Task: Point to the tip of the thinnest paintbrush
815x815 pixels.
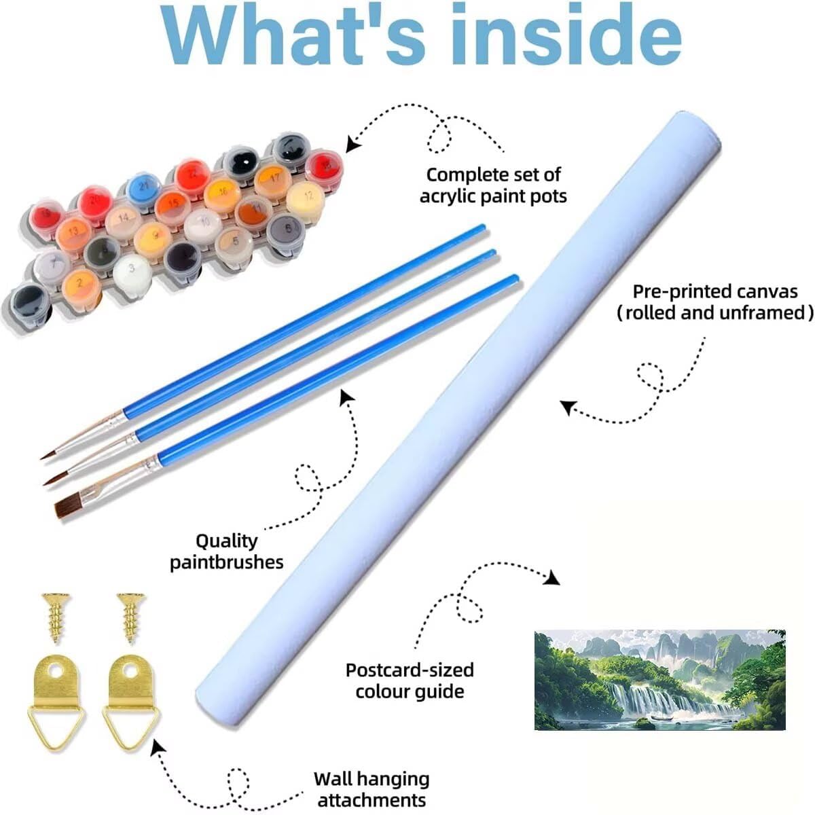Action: pyautogui.click(x=41, y=458)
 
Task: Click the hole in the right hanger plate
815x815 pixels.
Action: pyautogui.click(x=132, y=670)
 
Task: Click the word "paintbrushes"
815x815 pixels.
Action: pyautogui.click(x=227, y=562)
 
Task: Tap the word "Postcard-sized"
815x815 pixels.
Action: pyautogui.click(x=410, y=670)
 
